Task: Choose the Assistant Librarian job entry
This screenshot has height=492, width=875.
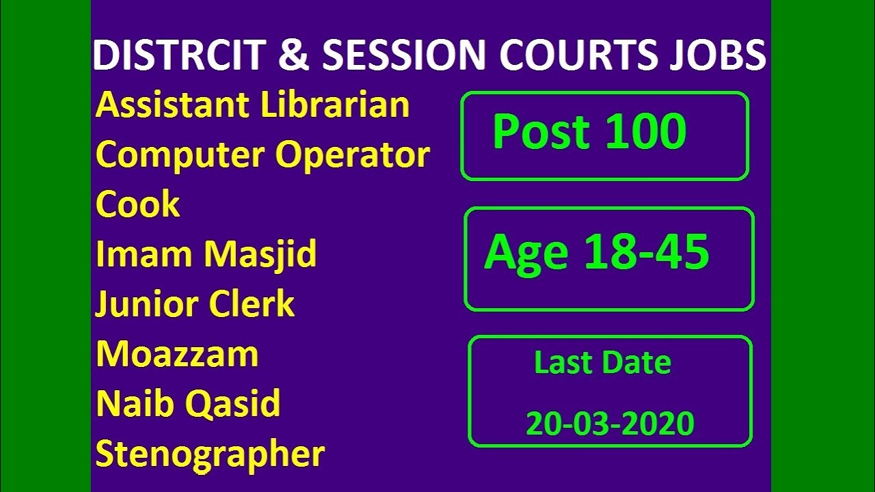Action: [252, 105]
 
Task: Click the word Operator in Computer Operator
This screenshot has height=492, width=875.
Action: [353, 156]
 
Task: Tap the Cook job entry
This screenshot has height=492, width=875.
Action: [137, 204]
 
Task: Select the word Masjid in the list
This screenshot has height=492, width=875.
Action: [260, 254]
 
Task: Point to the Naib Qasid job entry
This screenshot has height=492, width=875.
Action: [188, 404]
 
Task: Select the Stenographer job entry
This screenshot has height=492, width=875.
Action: [210, 454]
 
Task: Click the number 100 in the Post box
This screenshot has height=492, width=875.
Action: [645, 131]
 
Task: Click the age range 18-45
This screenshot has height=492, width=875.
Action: [645, 253]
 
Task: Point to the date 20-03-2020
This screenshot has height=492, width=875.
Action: [610, 424]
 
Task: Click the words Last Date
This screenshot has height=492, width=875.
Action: [602, 362]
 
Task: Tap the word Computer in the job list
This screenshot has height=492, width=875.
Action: [182, 156]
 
